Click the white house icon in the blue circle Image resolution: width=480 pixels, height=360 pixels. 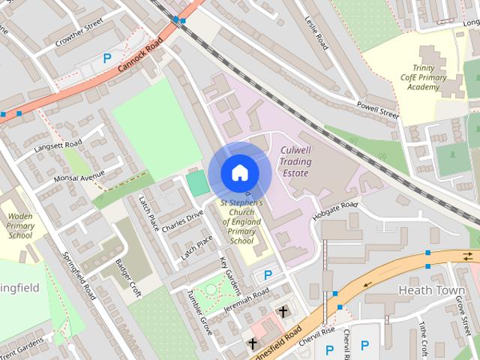point(239,172)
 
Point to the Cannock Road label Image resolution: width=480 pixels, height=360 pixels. point(139,57)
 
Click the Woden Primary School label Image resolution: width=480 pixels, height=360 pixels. point(20,226)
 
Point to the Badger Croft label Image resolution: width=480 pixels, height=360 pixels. point(128,278)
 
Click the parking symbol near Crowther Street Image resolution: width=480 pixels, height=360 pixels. point(107,58)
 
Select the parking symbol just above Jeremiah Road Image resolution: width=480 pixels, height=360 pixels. point(268,275)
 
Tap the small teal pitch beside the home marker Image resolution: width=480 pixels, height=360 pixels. point(196,183)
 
